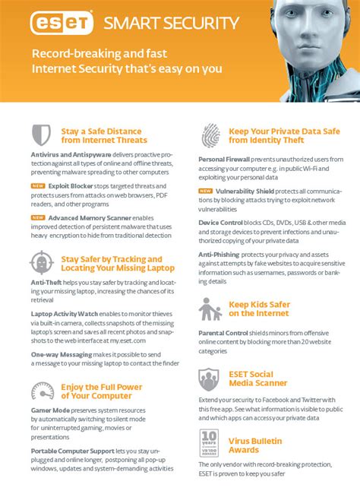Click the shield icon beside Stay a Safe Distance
[41, 135]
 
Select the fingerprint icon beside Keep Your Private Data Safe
[210, 135]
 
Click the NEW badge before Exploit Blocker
[37, 185]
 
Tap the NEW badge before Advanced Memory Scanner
[37, 217]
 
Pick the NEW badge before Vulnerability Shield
[205, 191]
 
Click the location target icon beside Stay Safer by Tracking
[41, 263]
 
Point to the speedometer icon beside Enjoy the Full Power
[41, 391]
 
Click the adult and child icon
[210, 309]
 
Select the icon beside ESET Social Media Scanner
[210, 378]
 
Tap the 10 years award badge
[210, 442]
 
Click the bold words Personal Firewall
[224, 159]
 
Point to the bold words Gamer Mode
[50, 410]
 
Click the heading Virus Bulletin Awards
[255, 445]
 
